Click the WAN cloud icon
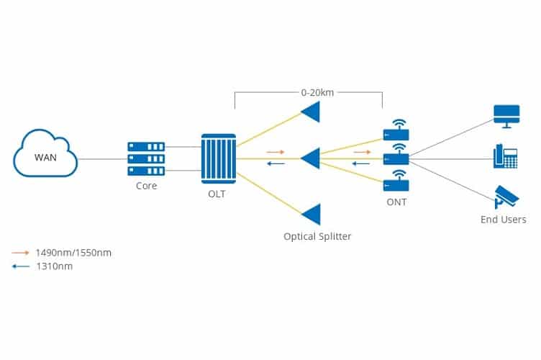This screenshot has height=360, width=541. (45, 153)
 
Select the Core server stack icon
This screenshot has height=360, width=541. (146, 159)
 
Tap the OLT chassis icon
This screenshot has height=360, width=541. (219, 158)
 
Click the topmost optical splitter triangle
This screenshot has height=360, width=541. (311, 112)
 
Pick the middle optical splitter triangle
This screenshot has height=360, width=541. (311, 158)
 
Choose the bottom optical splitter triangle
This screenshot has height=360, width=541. (312, 215)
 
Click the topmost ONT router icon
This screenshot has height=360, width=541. (396, 130)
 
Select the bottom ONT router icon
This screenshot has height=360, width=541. (396, 181)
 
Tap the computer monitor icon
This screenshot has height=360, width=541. (506, 117)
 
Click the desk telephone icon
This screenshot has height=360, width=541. (506, 156)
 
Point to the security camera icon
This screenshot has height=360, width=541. (506, 197)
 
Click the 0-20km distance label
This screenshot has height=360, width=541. (317, 92)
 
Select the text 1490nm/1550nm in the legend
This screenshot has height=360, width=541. (73, 253)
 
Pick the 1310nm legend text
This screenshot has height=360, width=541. (55, 266)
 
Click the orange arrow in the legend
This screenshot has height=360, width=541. (20, 253)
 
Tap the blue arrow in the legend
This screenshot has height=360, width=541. (21, 266)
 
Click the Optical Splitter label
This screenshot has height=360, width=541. (317, 236)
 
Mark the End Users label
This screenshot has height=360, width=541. (504, 220)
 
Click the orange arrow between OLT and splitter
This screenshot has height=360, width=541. (276, 152)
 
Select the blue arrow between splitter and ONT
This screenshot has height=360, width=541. (361, 163)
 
